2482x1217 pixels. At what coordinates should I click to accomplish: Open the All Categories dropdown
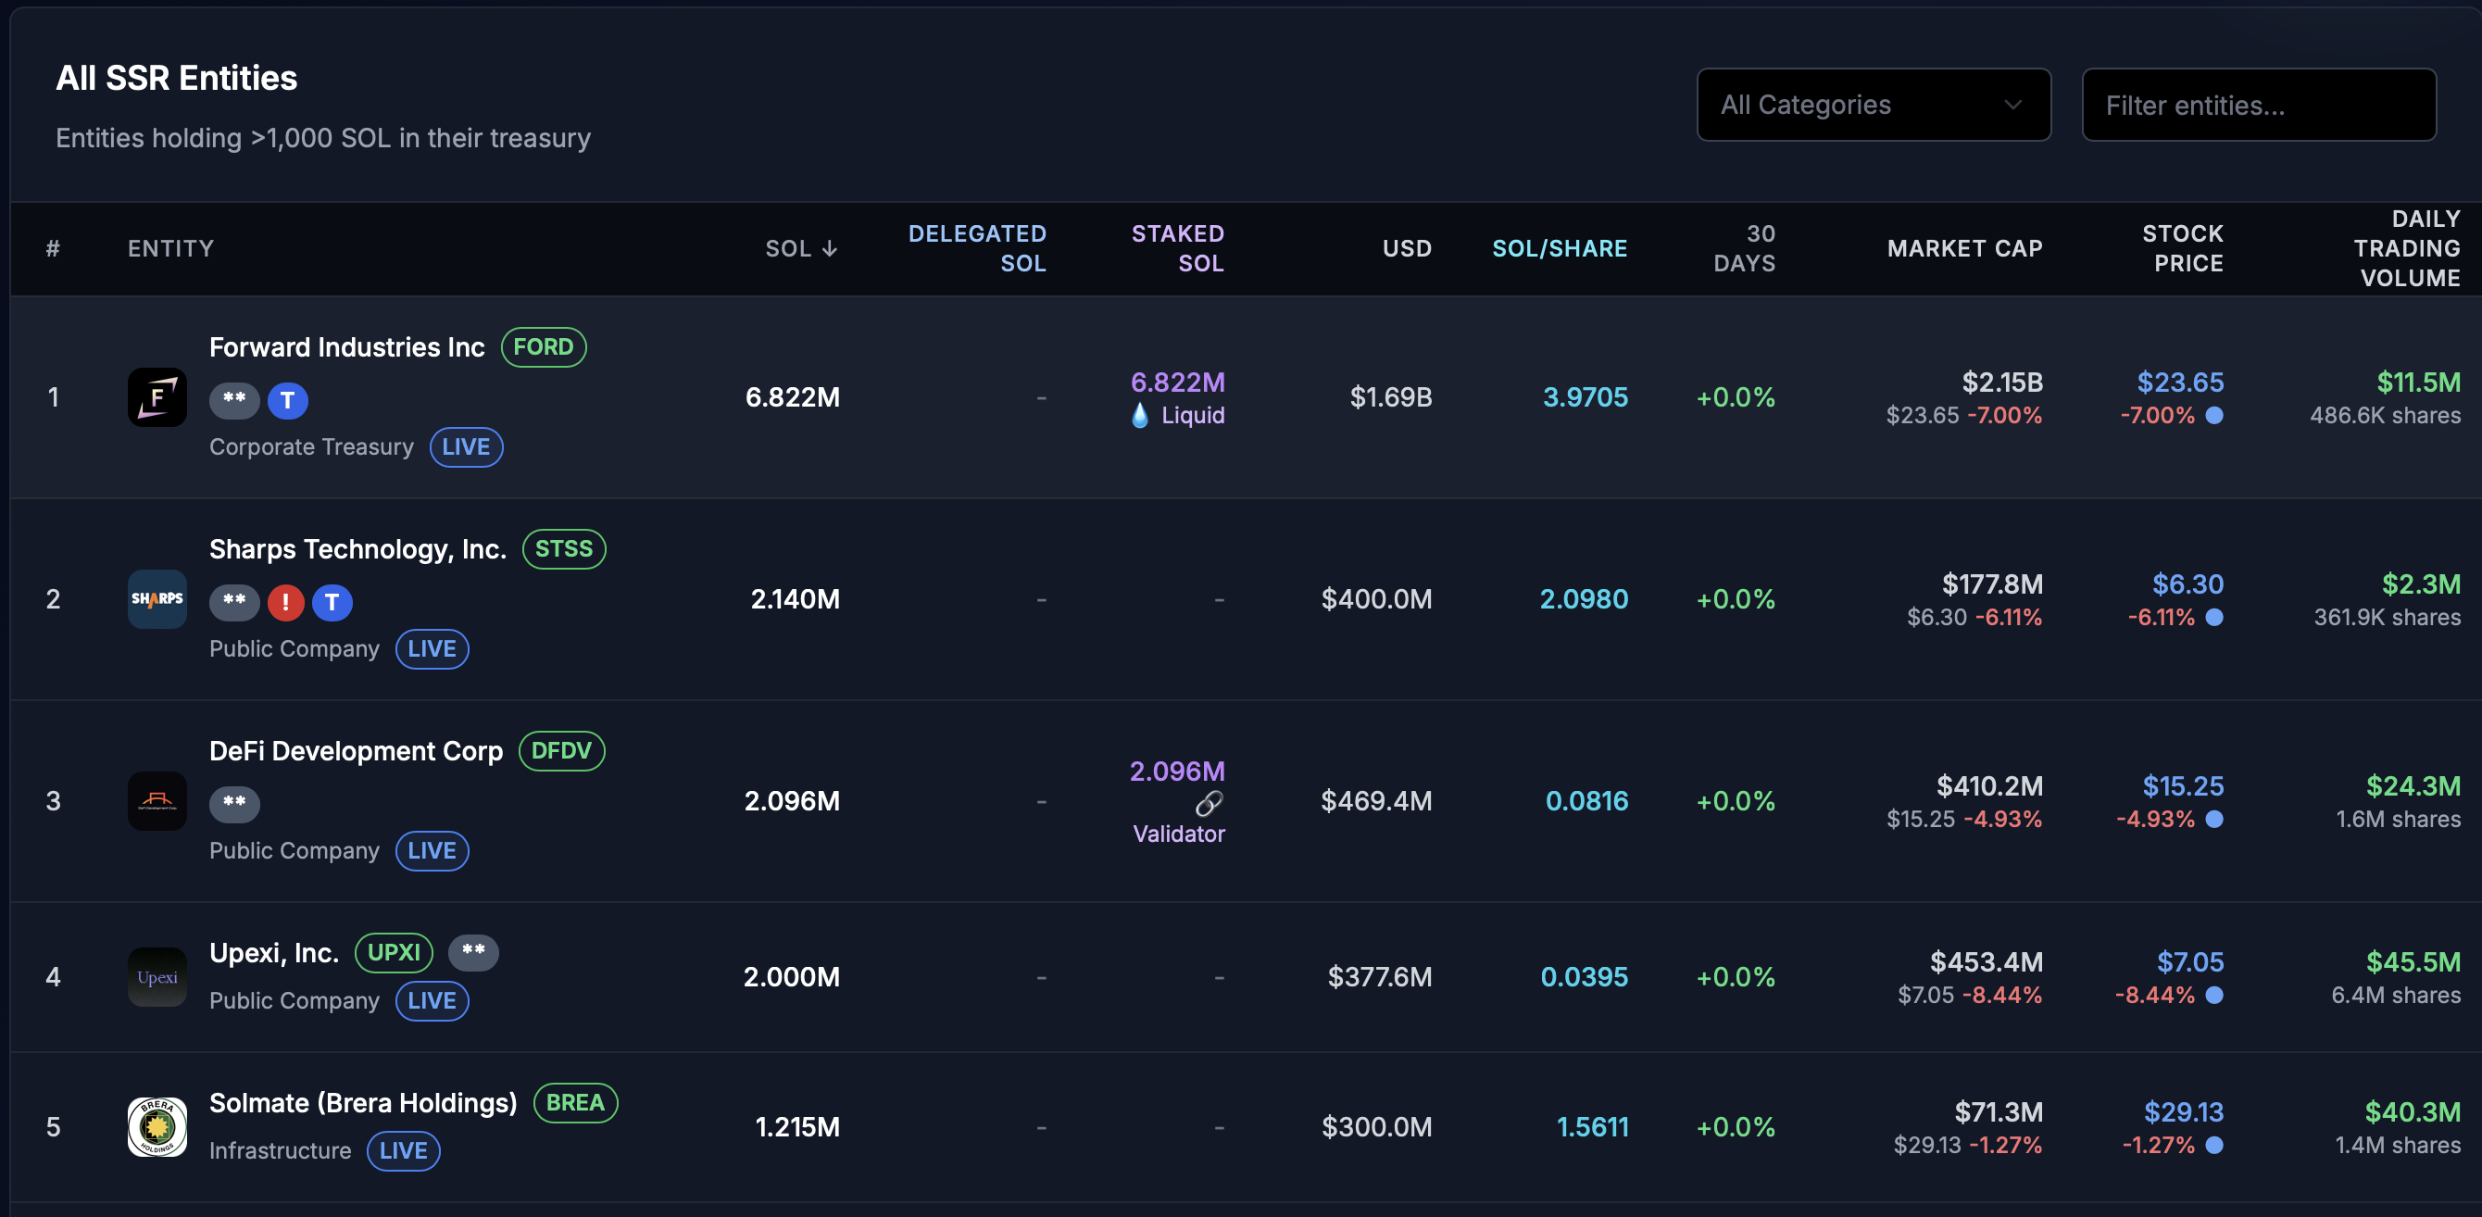[x=1873, y=105]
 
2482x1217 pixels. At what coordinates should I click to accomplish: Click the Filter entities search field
[x=2259, y=105]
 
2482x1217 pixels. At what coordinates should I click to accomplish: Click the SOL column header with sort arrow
[x=801, y=248]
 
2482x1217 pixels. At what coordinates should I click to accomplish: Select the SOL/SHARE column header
[x=1559, y=248]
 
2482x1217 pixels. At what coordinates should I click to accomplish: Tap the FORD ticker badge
[x=544, y=347]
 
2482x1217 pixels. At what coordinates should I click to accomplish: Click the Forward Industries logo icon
[x=157, y=397]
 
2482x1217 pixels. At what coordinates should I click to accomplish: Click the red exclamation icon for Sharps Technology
[x=285, y=602]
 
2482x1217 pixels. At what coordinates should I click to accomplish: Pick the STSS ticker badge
[x=564, y=549]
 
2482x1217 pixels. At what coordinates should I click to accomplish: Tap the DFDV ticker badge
[x=562, y=750]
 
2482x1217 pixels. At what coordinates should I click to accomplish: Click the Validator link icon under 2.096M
[x=1209, y=803]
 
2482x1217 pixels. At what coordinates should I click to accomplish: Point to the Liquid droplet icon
[x=1140, y=415]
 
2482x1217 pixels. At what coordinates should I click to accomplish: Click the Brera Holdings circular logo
[x=157, y=1126]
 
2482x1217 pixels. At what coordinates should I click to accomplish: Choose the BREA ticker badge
[x=575, y=1102]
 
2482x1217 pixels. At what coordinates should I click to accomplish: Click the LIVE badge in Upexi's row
[x=432, y=1000]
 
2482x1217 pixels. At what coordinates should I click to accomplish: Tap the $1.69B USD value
[x=1390, y=397]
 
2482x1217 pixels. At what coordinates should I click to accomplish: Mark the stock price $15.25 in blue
[x=2182, y=786]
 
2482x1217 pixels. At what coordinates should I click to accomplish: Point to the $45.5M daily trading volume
[x=2413, y=961]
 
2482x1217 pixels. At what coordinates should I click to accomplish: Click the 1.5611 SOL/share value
[x=1592, y=1126]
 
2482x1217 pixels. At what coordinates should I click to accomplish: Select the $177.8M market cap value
[x=1991, y=583]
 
